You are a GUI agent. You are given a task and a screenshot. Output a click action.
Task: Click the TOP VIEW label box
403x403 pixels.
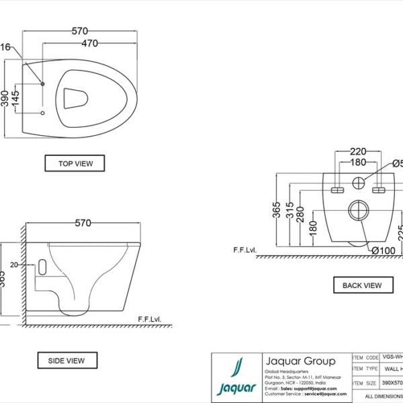coord(75,163)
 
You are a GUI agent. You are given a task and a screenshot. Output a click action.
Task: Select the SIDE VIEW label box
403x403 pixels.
coord(66,361)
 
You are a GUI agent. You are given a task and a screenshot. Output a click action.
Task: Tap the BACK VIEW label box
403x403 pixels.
coord(362,285)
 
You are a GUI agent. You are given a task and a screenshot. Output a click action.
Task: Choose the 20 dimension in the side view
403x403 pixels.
coord(32,265)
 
